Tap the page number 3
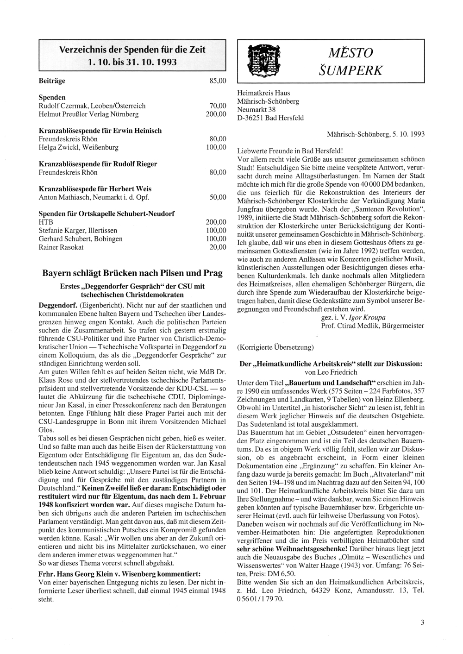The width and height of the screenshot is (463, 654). click(x=422, y=623)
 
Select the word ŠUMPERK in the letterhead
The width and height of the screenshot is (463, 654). click(x=351, y=70)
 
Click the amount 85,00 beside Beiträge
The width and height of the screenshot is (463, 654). click(x=218, y=81)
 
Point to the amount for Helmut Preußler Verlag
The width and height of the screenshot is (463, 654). click(x=216, y=114)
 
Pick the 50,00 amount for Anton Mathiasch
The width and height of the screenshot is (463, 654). click(x=218, y=197)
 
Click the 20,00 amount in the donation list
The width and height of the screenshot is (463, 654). click(x=218, y=247)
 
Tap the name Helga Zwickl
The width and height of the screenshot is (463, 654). click(x=58, y=147)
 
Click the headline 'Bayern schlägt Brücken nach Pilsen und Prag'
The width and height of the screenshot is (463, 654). click(x=132, y=273)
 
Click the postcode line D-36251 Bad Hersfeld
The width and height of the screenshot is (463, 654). click(x=270, y=118)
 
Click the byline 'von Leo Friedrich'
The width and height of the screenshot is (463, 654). click(x=331, y=372)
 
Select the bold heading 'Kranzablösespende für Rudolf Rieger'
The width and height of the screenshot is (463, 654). click(x=98, y=164)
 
